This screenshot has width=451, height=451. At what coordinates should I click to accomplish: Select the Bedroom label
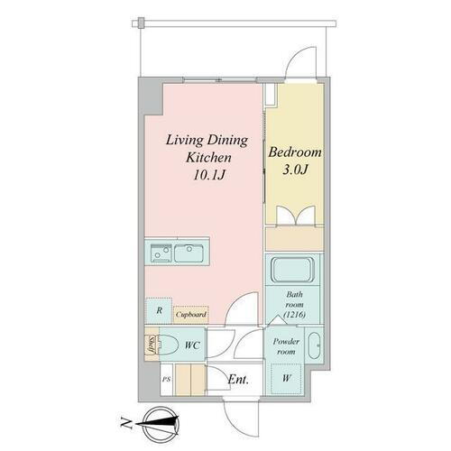(x=294, y=152)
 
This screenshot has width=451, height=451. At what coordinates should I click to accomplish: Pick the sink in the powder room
(x=313, y=348)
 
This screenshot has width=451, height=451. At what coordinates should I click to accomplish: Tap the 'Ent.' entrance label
(x=238, y=380)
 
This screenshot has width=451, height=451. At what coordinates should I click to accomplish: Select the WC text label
(x=191, y=345)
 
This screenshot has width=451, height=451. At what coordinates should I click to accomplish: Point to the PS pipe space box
(x=165, y=380)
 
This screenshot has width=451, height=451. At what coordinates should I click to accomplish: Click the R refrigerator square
(x=159, y=311)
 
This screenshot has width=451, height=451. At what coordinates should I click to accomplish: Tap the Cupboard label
(x=191, y=315)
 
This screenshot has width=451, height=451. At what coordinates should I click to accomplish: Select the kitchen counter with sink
(x=177, y=252)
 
